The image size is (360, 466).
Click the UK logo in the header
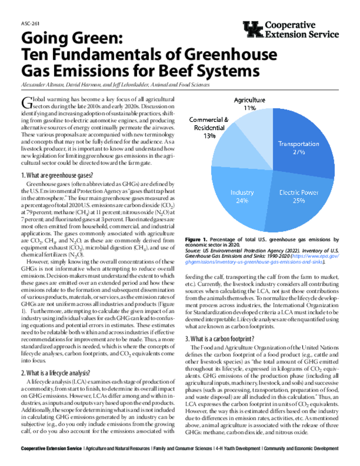(x=253, y=30)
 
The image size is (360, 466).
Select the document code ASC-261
(x=29, y=24)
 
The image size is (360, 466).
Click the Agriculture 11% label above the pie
(x=249, y=103)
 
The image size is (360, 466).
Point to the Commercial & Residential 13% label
(x=210, y=127)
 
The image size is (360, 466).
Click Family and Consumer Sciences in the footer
(x=182, y=449)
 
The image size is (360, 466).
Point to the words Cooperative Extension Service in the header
(x=302, y=30)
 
